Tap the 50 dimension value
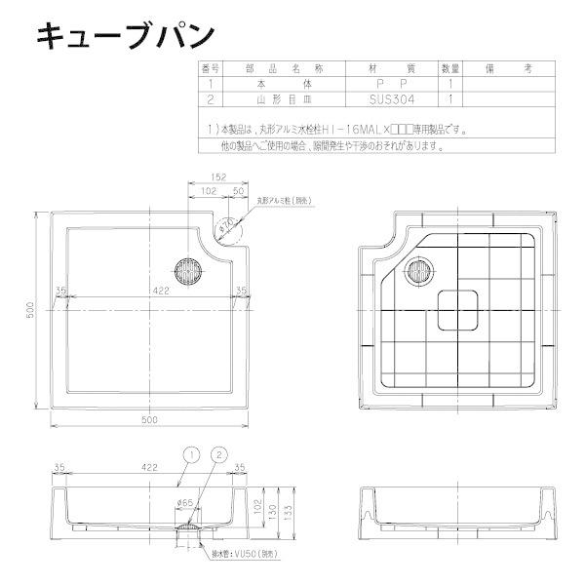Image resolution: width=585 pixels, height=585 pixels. tap(237, 192)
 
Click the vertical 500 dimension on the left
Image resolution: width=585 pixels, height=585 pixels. tap(31, 309)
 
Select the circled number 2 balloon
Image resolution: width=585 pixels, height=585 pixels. tap(219, 454)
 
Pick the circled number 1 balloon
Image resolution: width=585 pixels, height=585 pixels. tap(191, 454)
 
